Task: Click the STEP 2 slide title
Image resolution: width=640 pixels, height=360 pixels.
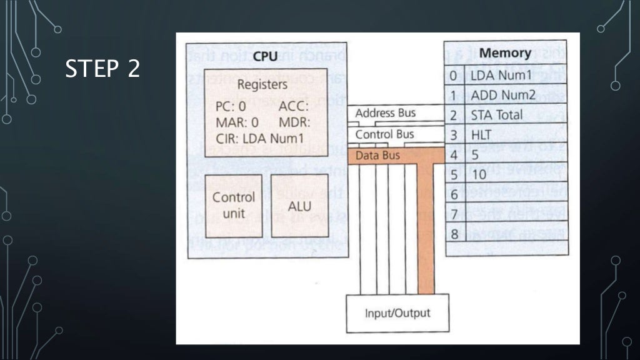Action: [102, 69]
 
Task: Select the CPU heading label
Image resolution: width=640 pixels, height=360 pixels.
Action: [266, 56]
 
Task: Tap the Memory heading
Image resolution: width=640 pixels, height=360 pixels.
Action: [505, 53]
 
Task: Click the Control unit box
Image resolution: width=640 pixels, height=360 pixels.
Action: [234, 205]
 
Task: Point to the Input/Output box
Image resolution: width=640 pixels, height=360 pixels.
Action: [397, 312]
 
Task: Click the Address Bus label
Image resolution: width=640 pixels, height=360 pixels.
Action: [384, 114]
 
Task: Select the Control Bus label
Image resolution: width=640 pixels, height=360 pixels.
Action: [384, 134]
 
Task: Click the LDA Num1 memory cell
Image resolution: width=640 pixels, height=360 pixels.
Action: [501, 76]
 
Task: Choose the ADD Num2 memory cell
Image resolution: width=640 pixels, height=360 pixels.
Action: [503, 96]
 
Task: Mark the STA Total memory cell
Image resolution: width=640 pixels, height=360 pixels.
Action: [497, 116]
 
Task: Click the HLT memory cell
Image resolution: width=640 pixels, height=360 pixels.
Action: [481, 135]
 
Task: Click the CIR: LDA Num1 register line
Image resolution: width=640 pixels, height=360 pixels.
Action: [259, 138]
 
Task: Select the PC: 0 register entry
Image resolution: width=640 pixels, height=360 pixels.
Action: [231, 106]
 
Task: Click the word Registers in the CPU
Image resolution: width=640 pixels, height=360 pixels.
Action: [262, 84]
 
